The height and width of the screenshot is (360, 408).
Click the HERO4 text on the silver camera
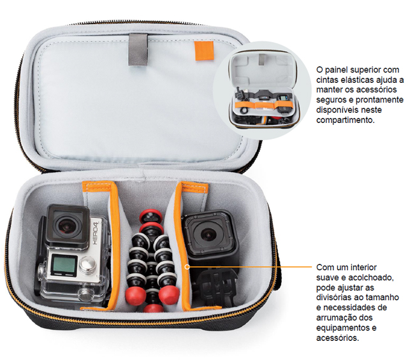(96, 233)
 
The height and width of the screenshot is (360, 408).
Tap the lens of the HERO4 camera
(67, 226)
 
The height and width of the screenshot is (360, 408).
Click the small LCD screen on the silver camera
(64, 265)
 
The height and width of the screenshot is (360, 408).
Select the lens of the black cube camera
(207, 234)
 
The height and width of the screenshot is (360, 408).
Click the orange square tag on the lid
(204, 51)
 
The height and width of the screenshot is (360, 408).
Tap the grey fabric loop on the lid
(138, 50)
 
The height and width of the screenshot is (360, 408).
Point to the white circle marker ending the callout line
(187, 266)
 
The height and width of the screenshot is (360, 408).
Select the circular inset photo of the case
(262, 90)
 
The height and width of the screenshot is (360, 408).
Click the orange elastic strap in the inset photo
(264, 105)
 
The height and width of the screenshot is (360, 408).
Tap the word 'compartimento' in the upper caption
(345, 120)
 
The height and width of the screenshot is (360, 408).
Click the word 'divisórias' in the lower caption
(333, 298)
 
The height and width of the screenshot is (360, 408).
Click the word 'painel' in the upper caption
(335, 69)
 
